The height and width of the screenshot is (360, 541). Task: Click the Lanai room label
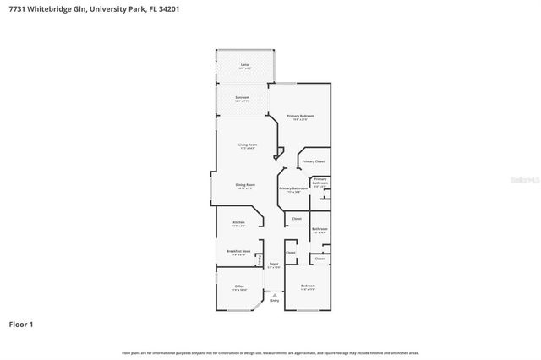pyautogui.click(x=245, y=64)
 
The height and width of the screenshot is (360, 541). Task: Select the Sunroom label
pyautogui.click(x=243, y=98)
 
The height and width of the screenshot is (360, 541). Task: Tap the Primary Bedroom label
pyautogui.click(x=300, y=115)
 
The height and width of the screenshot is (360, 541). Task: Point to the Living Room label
pyautogui.click(x=248, y=145)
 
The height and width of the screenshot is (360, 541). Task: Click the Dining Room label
pyautogui.click(x=245, y=184)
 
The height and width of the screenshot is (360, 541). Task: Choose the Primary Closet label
pyautogui.click(x=314, y=161)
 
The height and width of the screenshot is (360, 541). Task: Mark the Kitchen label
pyautogui.click(x=238, y=222)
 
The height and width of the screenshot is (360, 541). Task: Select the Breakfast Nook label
pyautogui.click(x=238, y=251)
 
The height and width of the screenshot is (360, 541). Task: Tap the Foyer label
pyautogui.click(x=274, y=264)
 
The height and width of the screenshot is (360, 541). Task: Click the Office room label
pyautogui.click(x=239, y=286)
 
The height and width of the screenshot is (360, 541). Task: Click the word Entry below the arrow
pyautogui.click(x=274, y=300)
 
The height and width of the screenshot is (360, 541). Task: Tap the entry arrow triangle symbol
pyautogui.click(x=274, y=294)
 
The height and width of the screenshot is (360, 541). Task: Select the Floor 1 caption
pyautogui.click(x=22, y=324)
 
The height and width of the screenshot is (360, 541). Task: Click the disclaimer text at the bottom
pyautogui.click(x=270, y=352)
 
